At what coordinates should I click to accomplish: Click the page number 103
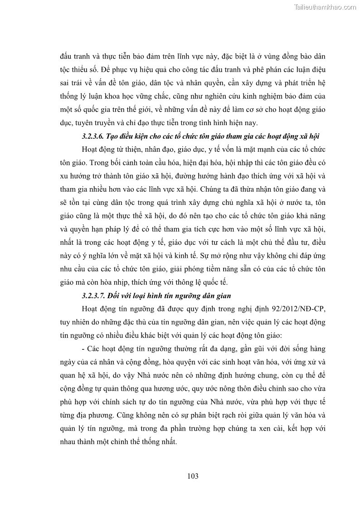(193, 476)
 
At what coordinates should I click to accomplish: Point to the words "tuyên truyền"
(96, 123)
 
